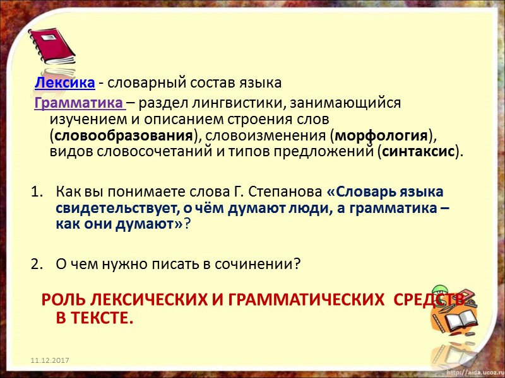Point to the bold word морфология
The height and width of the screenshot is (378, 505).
point(381,135)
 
